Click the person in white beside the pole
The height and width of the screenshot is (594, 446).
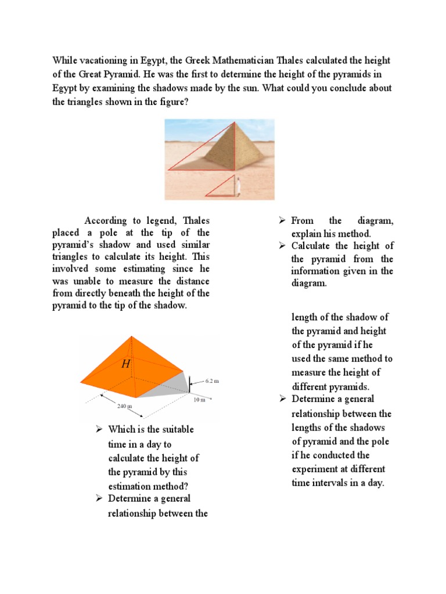238,186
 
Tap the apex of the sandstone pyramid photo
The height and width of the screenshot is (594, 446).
235,122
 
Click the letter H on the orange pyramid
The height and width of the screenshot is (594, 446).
125,364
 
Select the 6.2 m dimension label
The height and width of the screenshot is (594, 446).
213,381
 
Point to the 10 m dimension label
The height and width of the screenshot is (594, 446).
199,400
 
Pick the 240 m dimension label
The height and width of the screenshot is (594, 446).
125,406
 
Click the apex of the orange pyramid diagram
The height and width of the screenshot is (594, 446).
133,337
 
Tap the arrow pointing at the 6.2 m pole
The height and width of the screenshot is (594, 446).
197,382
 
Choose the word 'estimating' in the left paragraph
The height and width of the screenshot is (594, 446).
147,269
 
